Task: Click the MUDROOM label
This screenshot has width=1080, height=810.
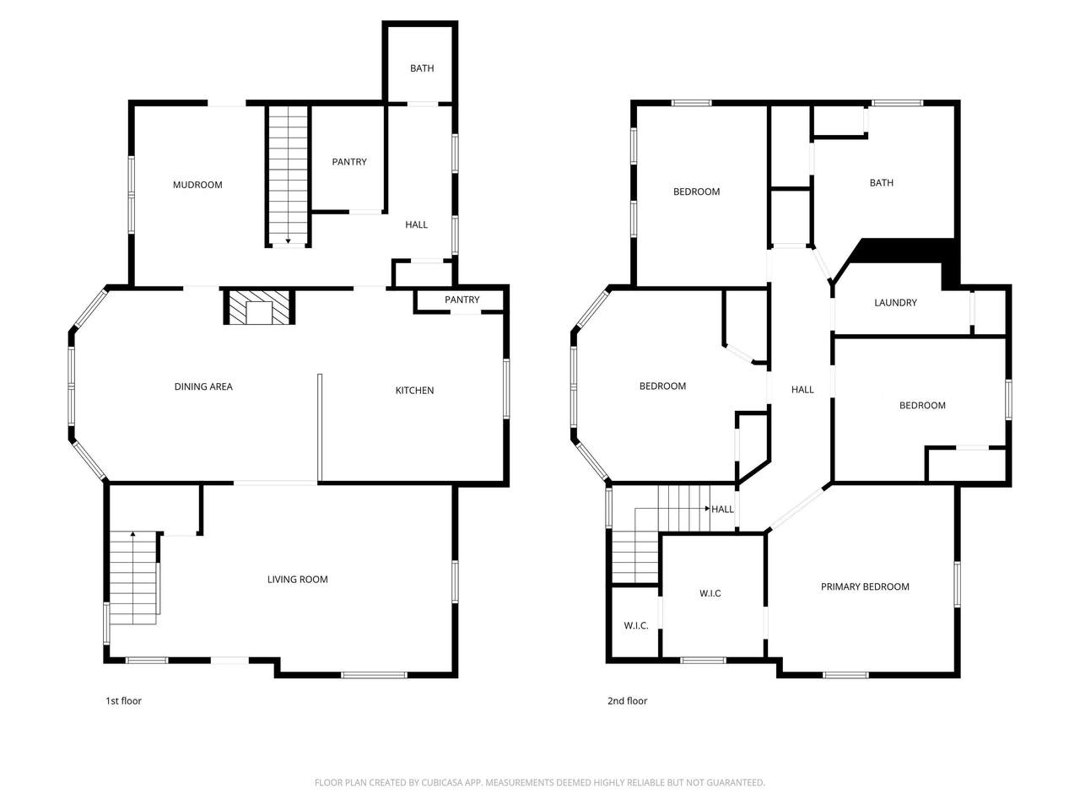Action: pos(197,185)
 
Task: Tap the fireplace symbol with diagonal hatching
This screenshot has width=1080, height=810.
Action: pos(259,307)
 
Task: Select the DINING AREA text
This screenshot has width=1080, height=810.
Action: pos(203,386)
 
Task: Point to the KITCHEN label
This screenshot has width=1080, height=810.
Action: pos(414,391)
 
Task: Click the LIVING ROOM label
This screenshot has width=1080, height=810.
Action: pos(297,580)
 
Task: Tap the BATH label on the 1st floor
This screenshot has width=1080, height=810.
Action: pos(422,68)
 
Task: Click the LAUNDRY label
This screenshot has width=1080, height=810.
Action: pos(895,303)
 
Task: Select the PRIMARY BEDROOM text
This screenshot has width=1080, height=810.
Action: pos(865,586)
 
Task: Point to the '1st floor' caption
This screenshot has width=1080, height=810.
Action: pos(123,701)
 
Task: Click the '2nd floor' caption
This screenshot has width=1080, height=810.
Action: pos(627,701)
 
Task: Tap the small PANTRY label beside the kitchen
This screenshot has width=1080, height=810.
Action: pos(462,300)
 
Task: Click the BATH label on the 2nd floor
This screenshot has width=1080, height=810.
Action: pos(881,183)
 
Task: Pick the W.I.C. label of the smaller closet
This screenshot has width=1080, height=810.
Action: pos(635,625)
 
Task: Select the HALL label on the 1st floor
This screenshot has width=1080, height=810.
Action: pos(416,224)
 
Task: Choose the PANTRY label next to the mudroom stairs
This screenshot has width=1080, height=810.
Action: pos(348,162)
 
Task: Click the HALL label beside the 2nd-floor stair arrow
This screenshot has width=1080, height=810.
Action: pos(722,509)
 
